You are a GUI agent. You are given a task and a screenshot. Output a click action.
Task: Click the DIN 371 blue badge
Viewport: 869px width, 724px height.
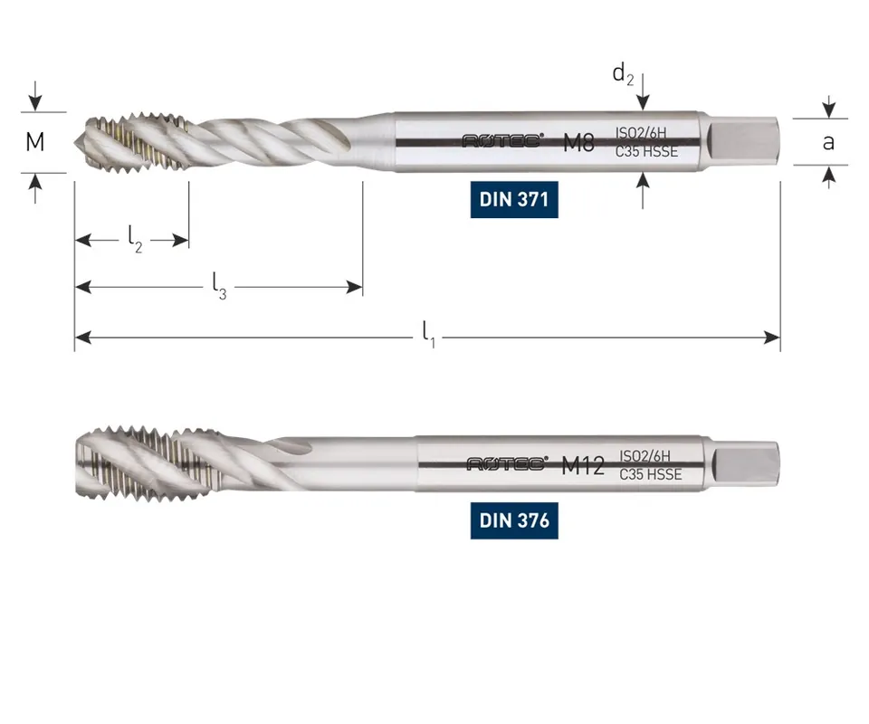pos(514,199)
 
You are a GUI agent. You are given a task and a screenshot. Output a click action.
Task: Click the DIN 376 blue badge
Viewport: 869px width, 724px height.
pos(514,520)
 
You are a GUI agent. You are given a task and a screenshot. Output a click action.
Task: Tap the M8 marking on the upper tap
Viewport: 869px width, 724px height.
pos(578,142)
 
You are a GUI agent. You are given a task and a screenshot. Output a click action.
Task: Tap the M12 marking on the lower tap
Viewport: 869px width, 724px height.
pos(582,465)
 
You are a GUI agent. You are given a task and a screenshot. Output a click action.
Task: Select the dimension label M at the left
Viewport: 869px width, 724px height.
pos(35,142)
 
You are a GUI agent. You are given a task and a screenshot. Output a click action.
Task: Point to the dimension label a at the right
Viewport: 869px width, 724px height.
pos(828,142)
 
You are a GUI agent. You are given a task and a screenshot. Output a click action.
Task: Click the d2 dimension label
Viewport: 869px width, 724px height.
pos(623,73)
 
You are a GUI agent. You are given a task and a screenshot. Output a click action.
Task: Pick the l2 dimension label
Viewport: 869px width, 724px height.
pos(135,239)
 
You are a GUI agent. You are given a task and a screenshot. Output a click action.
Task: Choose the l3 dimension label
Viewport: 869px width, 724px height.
pos(219,286)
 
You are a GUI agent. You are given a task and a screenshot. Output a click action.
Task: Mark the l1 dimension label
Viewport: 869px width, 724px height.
pos(428,334)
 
